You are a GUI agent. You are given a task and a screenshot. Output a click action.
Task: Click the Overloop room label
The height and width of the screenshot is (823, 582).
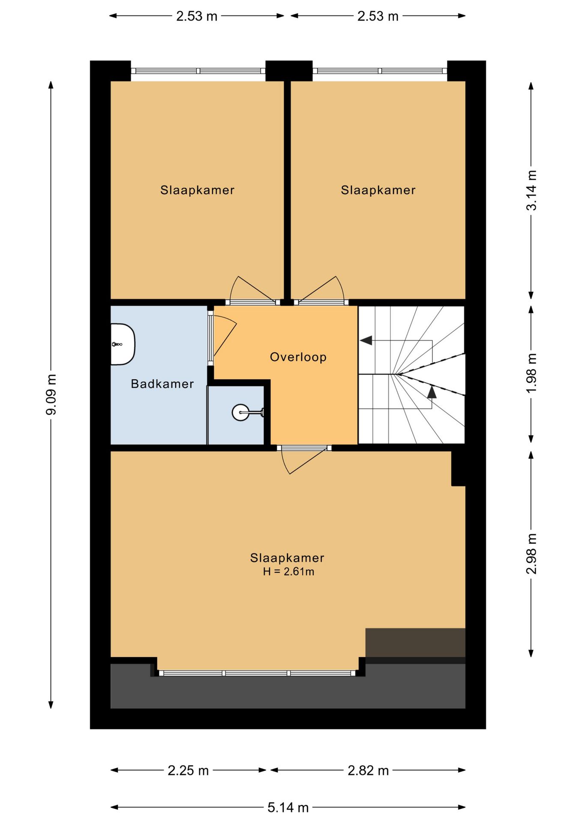(298, 357)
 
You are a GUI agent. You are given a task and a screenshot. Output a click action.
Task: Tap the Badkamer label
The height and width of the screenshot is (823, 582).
(162, 384)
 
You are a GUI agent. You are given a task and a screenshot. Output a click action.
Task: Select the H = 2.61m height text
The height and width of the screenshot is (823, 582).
(288, 571)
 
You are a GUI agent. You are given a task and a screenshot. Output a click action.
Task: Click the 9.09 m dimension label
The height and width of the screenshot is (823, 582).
(51, 394)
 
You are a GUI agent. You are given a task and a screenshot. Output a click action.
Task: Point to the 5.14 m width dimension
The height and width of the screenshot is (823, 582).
(288, 808)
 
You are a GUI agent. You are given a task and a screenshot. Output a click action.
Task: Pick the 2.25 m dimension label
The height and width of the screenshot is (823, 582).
(188, 770)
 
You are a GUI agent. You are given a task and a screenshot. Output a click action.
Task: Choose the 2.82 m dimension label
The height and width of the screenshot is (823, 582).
(368, 770)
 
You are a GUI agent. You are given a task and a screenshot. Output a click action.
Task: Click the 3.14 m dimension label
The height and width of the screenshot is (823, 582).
(531, 190)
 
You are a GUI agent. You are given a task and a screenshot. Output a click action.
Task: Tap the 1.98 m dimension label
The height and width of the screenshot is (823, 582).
(531, 373)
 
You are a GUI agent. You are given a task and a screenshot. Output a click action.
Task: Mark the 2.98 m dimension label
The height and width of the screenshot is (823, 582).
(531, 554)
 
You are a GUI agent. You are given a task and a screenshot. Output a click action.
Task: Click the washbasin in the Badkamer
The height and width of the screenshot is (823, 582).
(123, 344)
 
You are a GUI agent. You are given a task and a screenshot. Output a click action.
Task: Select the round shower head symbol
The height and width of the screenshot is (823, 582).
(240, 412)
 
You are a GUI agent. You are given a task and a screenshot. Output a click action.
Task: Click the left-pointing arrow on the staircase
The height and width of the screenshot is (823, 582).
(366, 340)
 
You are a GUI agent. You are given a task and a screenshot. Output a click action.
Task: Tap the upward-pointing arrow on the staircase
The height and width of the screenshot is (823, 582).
(432, 391)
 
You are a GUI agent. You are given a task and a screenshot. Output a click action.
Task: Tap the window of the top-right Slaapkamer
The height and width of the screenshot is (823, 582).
(380, 71)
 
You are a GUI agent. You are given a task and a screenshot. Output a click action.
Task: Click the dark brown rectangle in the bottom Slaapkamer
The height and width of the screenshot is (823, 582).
(415, 643)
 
